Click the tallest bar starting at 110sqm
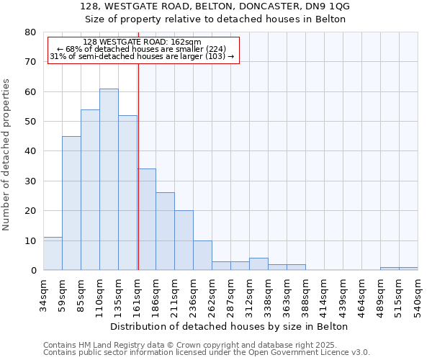point(109,179)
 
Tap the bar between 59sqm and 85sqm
point(71,203)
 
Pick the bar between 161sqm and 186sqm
point(146,220)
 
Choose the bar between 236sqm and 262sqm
point(202,255)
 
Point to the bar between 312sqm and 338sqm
point(258,264)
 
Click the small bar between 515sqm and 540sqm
point(408,269)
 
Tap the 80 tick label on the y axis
point(30,32)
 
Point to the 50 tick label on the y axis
point(30,122)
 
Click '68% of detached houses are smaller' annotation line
point(142,49)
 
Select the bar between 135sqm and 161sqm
point(127,193)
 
